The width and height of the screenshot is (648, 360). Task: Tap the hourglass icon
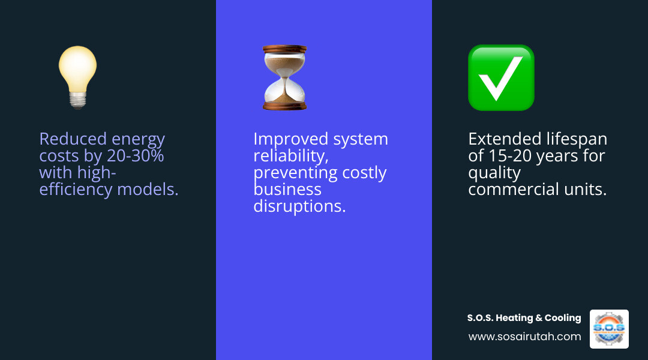click(284, 77)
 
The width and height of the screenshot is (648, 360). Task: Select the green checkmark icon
click(501, 77)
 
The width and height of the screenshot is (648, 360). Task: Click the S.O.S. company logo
click(609, 329)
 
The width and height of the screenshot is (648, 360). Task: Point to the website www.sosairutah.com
click(524, 337)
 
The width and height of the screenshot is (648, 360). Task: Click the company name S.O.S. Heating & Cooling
click(524, 318)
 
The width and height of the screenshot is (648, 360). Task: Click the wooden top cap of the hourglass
click(284, 49)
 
